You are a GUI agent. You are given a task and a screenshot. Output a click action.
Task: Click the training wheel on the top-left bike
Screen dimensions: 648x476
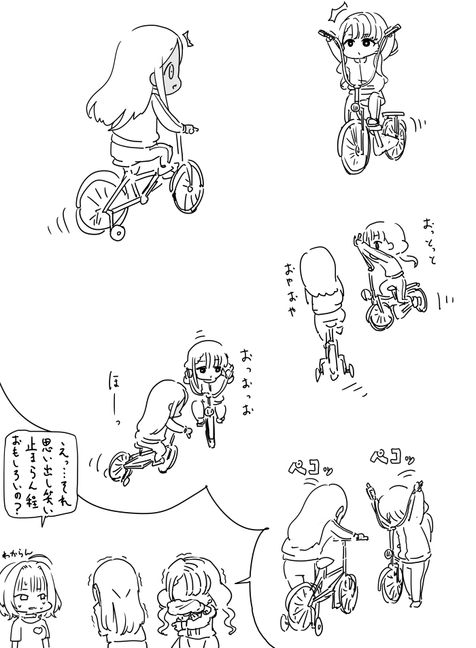click(118, 232)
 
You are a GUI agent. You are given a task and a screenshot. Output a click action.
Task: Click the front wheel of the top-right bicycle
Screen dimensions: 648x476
click(354, 146)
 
